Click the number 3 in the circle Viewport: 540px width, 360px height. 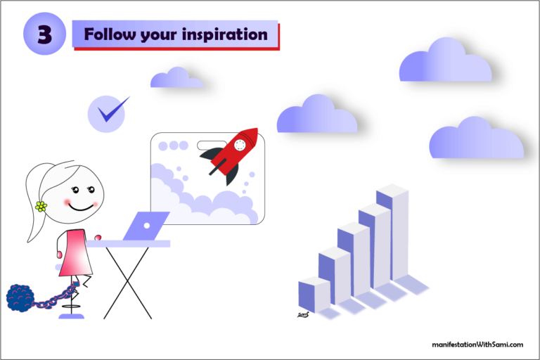pos(44,34)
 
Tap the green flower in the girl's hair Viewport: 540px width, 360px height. pos(41,206)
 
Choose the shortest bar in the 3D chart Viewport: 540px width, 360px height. pos(314,295)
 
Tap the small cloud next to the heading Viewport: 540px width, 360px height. pos(176,78)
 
